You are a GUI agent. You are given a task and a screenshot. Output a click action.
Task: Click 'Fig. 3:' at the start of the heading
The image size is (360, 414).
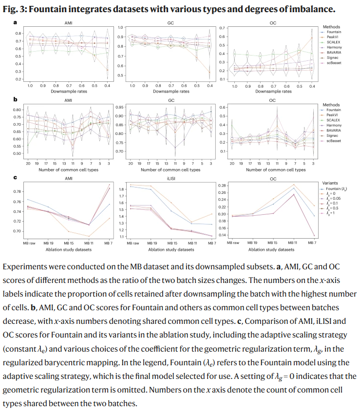(14, 8)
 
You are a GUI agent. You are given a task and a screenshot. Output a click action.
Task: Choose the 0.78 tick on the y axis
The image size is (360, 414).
(17, 192)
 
